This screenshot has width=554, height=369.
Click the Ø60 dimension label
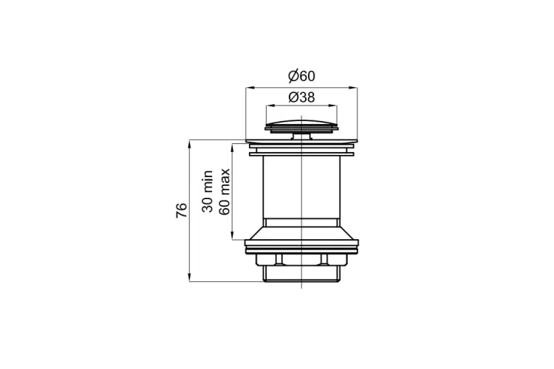click(x=301, y=76)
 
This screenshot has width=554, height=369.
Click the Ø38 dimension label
click(x=301, y=97)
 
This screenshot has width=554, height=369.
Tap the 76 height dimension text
click(x=182, y=210)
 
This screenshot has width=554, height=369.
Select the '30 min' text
click(x=208, y=191)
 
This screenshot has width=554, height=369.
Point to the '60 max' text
click(x=225, y=192)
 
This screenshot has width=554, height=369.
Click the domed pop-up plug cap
click(x=301, y=125)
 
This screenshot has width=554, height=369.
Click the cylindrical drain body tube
click(x=301, y=187)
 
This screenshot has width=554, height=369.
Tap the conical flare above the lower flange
click(x=301, y=233)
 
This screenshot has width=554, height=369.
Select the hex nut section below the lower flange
click(x=301, y=260)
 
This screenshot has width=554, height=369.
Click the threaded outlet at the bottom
click(x=301, y=274)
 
